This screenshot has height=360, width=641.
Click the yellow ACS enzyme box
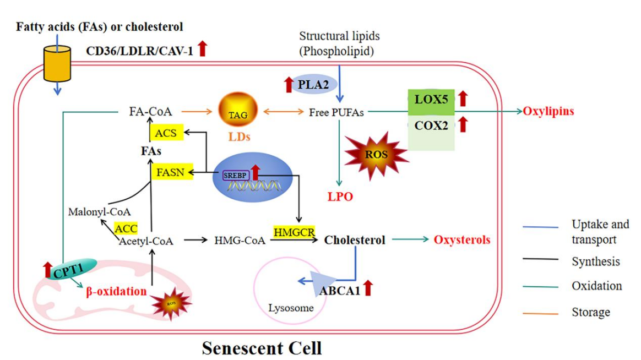point(166,133)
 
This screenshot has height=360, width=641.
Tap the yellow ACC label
point(126,227)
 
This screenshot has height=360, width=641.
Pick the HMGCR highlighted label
point(294,232)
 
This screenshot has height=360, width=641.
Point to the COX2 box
point(430,126)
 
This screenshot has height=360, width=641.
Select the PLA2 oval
point(307,85)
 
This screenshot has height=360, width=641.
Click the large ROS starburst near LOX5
point(376,155)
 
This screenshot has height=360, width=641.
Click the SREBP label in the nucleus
point(236,175)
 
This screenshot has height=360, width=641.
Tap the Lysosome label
point(291,308)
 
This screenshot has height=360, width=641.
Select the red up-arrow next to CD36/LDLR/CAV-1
point(202,48)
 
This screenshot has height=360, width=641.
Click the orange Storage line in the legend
point(541,312)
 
